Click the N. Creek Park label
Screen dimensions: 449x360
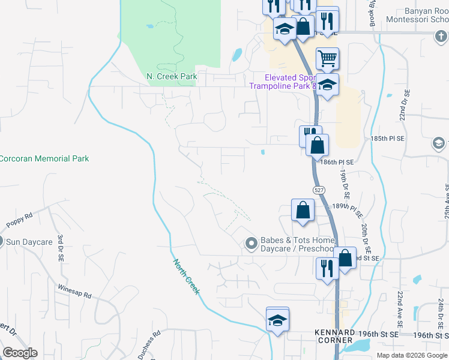pyautogui.click(x=172, y=77)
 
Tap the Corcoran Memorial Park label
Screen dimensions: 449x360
pyautogui.click(x=44, y=158)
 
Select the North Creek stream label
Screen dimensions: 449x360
pyautogui.click(x=186, y=277)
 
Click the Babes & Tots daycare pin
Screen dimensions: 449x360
pyautogui.click(x=251, y=243)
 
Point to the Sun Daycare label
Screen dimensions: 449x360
pyautogui.click(x=29, y=242)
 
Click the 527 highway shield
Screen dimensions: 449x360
pyautogui.click(x=318, y=190)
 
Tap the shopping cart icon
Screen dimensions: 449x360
pyautogui.click(x=327, y=59)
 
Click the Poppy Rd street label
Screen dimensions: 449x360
pyautogui.click(x=19, y=220)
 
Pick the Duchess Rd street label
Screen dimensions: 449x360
pyautogui.click(x=148, y=344)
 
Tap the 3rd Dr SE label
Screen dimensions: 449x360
pyautogui.click(x=61, y=248)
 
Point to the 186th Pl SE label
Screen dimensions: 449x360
pyautogui.click(x=337, y=162)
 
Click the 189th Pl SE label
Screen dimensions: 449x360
pyautogui.click(x=349, y=211)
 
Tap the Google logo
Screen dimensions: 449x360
pyautogui.click(x=19, y=353)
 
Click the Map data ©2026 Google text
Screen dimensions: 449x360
pyautogui.click(x=412, y=355)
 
